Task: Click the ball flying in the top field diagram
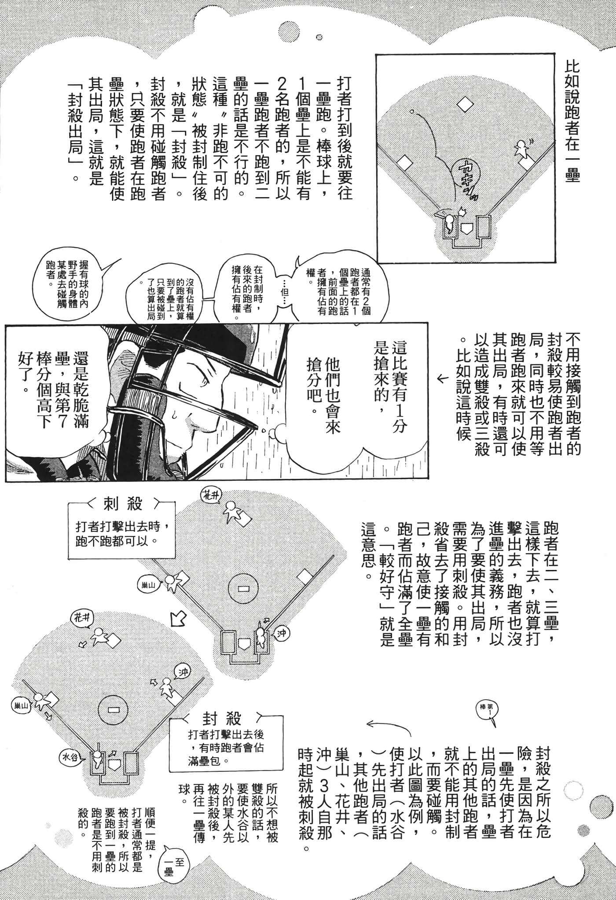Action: coord(412,111)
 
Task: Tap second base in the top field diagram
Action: coord(465,104)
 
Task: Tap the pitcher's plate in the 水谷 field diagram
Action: coord(114,710)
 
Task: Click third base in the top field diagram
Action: coord(404,163)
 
